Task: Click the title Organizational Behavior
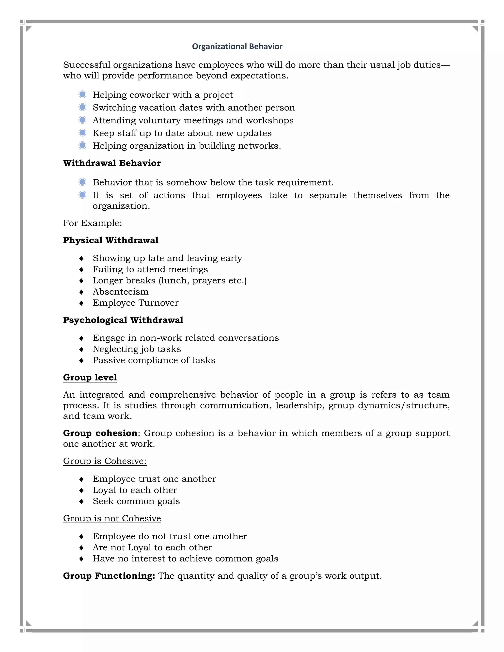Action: tap(237, 47)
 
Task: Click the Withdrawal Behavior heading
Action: tap(112, 163)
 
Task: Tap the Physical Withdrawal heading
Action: tap(111, 240)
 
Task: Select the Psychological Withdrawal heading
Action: tap(123, 320)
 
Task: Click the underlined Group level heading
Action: tap(90, 377)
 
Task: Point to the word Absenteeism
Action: tap(120, 292)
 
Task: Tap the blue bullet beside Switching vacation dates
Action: tap(82, 107)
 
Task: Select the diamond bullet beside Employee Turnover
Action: tap(81, 303)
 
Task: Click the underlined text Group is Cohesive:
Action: tap(105, 461)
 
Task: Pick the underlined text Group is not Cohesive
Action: tap(112, 519)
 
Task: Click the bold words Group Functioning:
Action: tap(109, 576)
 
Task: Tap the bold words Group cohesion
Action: tap(100, 433)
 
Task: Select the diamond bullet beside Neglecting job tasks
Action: tap(81, 349)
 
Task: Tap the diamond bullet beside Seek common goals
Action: tap(81, 501)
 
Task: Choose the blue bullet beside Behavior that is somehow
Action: tap(82, 182)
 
